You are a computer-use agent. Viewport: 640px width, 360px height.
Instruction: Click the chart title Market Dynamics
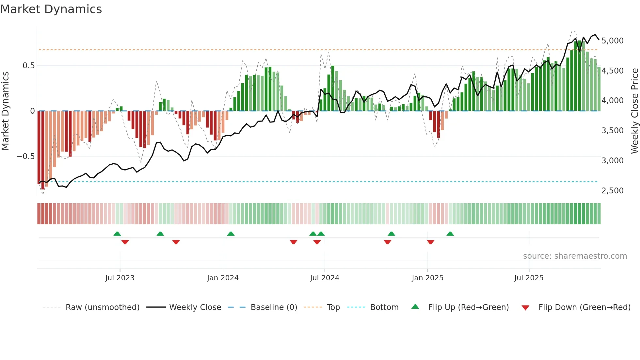(51, 9)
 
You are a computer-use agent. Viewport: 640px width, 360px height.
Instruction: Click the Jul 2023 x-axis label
(120, 278)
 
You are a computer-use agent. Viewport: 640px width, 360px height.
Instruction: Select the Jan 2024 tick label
(223, 278)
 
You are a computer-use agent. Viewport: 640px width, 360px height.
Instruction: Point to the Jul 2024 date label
(325, 278)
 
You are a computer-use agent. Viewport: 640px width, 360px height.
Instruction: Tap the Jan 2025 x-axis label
(427, 278)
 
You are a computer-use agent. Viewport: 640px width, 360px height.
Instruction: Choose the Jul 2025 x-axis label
(529, 278)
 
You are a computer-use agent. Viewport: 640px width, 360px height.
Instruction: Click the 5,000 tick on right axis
(612, 41)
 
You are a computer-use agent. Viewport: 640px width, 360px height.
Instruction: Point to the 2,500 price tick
(612, 191)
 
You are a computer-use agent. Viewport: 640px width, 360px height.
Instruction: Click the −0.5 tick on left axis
(25, 156)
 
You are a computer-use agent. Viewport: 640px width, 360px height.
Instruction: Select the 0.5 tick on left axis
(28, 66)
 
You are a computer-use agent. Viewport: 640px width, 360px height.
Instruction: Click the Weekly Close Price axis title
(634, 111)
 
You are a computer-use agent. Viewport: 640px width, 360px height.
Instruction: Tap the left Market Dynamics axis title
(5, 111)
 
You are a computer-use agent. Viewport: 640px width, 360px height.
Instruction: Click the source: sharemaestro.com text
(575, 256)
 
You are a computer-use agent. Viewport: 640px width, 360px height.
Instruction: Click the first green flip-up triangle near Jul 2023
(117, 234)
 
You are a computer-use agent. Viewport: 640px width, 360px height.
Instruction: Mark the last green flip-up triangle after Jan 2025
(450, 234)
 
